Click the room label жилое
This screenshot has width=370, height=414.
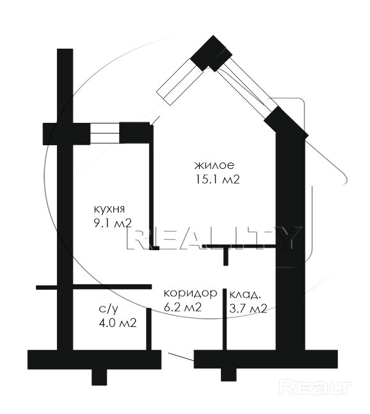point(214,166)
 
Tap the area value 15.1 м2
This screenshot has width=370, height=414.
point(218,180)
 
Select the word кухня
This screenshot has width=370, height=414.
point(109,209)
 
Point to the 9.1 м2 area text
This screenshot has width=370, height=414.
point(113,223)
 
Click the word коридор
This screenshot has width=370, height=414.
point(190,293)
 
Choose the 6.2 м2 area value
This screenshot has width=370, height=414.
point(182,307)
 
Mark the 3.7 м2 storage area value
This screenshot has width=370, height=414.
point(248,308)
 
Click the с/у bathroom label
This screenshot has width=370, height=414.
point(108,310)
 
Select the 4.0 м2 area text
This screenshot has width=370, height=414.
point(118,322)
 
